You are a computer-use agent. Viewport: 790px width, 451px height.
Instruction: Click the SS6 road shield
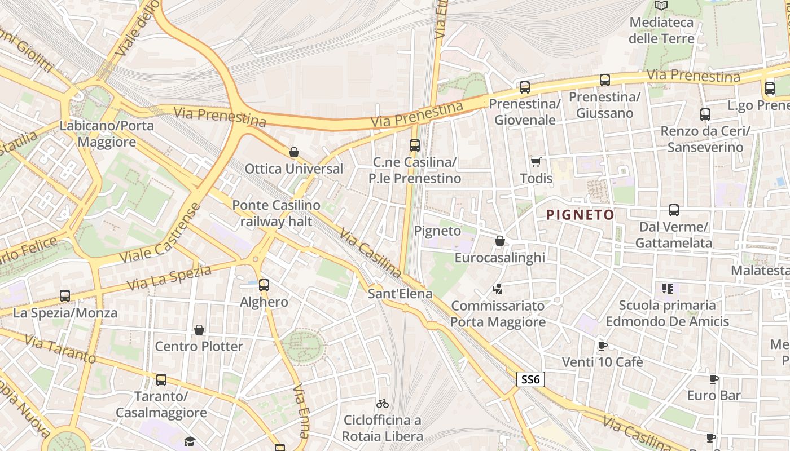[530, 380]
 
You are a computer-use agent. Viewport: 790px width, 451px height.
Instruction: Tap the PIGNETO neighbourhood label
[580, 215]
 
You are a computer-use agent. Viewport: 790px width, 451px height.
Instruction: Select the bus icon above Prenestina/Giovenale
[525, 87]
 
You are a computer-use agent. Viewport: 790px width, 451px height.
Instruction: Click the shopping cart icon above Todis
[536, 162]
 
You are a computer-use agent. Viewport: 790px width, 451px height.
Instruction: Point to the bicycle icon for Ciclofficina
[383, 404]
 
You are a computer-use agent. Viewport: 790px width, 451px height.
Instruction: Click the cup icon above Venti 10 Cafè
[602, 346]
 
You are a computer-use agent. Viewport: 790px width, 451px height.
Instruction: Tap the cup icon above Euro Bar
[714, 379]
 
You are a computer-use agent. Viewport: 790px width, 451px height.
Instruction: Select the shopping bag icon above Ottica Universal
[293, 152]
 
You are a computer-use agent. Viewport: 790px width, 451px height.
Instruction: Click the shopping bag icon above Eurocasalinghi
[499, 241]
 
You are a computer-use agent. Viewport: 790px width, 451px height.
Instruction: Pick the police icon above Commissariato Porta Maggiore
[498, 289]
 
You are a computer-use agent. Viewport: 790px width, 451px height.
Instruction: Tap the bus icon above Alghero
[264, 285]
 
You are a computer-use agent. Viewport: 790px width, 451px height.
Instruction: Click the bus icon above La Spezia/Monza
[65, 296]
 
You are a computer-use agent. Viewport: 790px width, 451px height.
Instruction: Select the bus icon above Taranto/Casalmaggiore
[161, 380]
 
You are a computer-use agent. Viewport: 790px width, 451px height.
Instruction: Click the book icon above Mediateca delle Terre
[661, 6]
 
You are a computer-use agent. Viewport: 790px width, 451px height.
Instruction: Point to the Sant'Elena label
[400, 294]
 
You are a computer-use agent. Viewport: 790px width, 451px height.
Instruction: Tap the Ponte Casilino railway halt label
[276, 213]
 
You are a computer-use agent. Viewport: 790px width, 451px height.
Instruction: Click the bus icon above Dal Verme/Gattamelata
[674, 210]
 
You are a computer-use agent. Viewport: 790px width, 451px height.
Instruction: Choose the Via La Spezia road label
[169, 277]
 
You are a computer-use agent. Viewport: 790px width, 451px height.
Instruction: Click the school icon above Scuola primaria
[668, 289]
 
